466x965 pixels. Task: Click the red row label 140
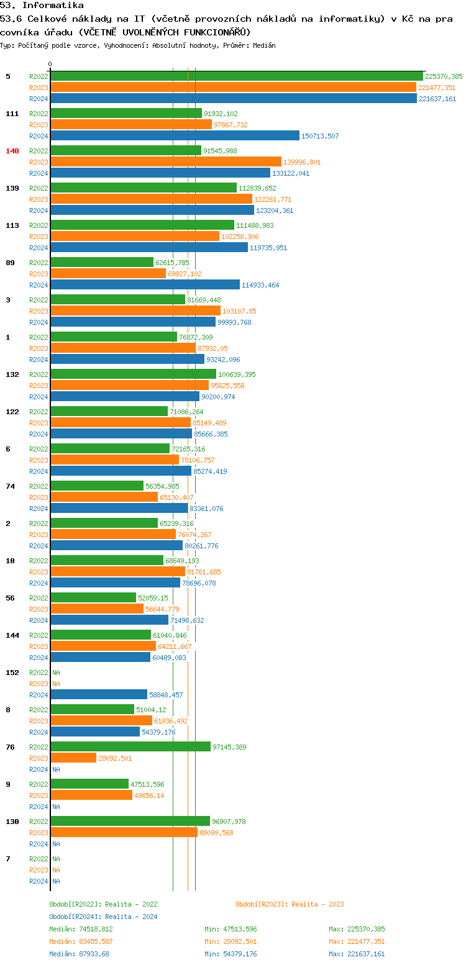(x=12, y=151)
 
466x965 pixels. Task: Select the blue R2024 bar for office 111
(x=175, y=136)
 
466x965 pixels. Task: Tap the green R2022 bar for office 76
(x=130, y=747)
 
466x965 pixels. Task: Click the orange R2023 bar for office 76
(x=73, y=758)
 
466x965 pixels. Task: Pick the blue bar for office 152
(x=99, y=695)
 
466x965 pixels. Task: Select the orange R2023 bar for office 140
(x=166, y=162)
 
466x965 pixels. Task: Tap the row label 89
(x=10, y=263)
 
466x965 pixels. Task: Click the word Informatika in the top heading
(x=53, y=5)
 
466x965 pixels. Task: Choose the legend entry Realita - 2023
(x=317, y=904)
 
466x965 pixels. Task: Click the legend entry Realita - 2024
(x=130, y=917)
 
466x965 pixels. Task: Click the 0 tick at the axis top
(x=50, y=65)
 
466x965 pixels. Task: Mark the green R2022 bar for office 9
(x=89, y=784)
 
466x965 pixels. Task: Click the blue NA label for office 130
(x=56, y=844)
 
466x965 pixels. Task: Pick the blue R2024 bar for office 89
(x=145, y=285)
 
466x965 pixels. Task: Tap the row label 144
(x=12, y=635)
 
